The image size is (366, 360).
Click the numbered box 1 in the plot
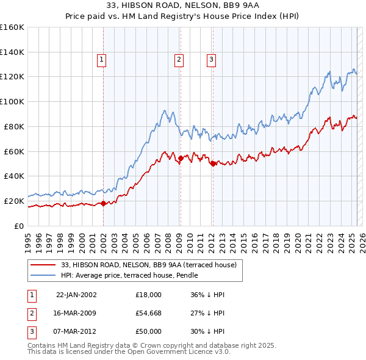point(101,60)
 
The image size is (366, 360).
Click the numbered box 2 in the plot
point(179,60)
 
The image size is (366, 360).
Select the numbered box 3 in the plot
point(211,60)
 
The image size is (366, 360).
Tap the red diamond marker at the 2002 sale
point(104,203)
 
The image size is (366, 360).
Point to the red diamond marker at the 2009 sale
point(181,158)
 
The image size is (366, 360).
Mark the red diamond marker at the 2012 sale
point(213,164)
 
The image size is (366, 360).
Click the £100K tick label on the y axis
point(12,101)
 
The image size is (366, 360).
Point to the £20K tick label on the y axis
point(14,201)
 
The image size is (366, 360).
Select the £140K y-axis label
point(12,52)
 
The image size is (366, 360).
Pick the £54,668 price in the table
point(149,313)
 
